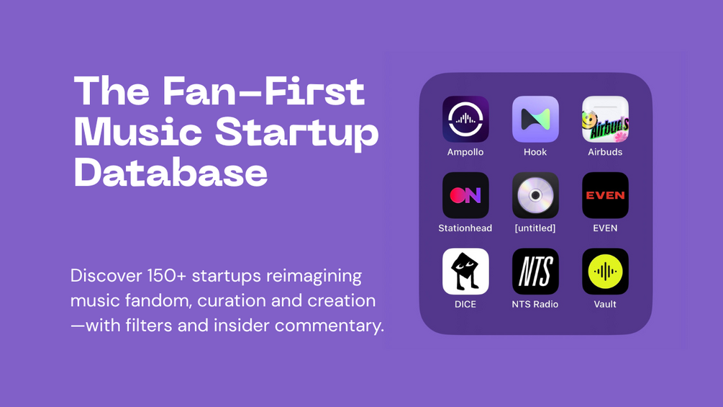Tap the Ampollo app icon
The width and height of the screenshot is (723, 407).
[465, 119]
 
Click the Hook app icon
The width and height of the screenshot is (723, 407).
[535, 119]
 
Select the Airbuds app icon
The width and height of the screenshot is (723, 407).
[605, 119]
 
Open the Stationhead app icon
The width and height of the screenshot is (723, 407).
[465, 195]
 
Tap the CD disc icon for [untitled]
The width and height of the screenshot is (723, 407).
[535, 195]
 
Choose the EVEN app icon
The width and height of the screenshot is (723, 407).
[605, 195]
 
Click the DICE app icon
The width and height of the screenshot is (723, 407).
[465, 272]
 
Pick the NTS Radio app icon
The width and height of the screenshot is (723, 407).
[535, 272]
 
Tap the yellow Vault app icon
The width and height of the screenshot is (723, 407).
[605, 272]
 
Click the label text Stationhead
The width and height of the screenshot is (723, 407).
[465, 228]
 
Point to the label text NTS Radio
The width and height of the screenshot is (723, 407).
[535, 304]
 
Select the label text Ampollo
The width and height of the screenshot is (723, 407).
[465, 152]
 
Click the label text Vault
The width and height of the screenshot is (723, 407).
[605, 304]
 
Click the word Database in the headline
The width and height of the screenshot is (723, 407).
[170, 172]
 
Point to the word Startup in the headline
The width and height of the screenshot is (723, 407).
[297, 133]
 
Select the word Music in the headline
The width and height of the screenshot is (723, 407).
[138, 131]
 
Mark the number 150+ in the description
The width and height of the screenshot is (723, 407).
[166, 276]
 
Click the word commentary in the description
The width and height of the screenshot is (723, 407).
[329, 326]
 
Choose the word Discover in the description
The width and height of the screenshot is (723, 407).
[106, 276]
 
